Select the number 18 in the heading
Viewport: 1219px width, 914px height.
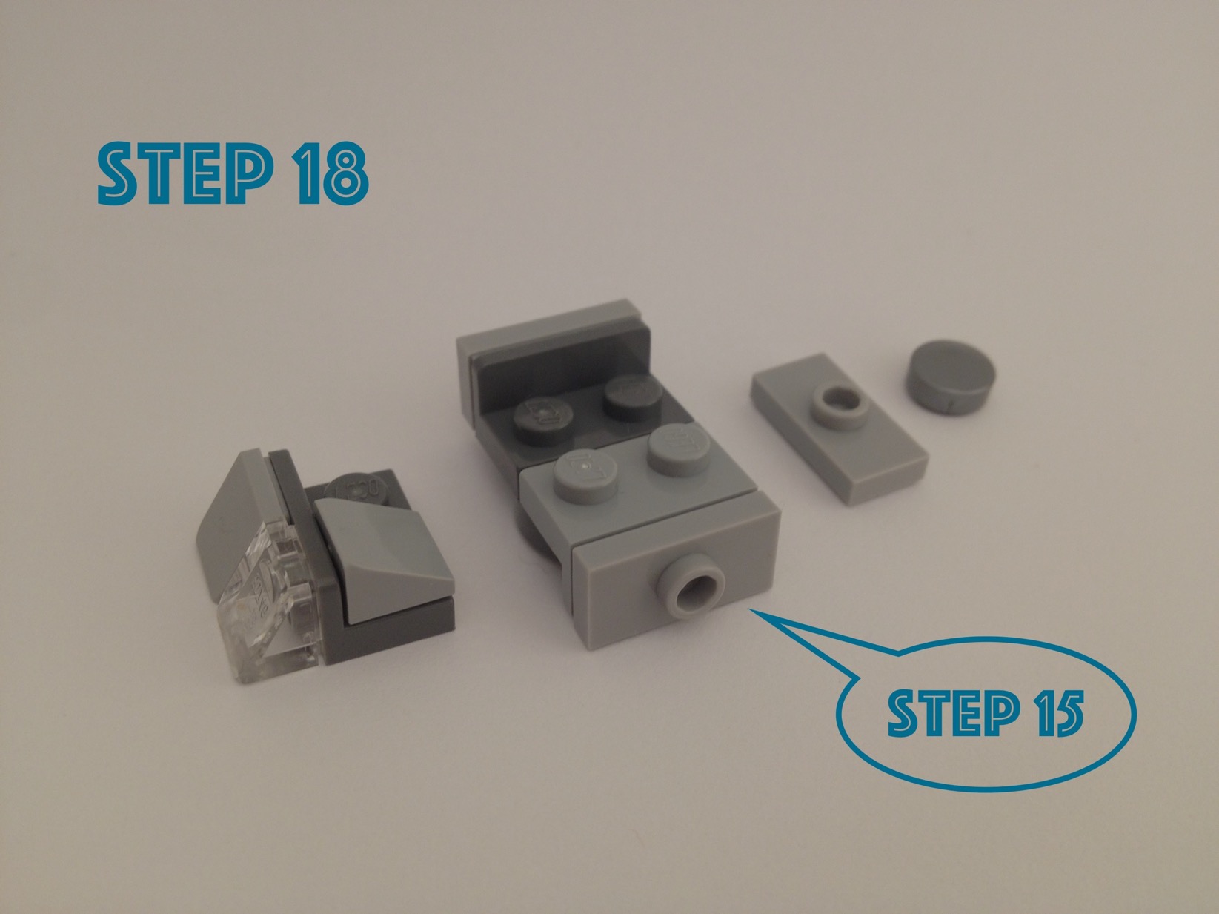tap(331, 172)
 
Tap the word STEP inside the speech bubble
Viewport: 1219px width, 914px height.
tap(953, 714)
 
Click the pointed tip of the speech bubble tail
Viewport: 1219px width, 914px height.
tap(751, 610)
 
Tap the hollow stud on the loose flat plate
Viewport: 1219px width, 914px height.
tap(839, 408)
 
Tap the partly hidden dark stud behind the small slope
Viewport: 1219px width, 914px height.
tap(356, 489)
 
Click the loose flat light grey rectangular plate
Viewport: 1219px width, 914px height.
tap(839, 428)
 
